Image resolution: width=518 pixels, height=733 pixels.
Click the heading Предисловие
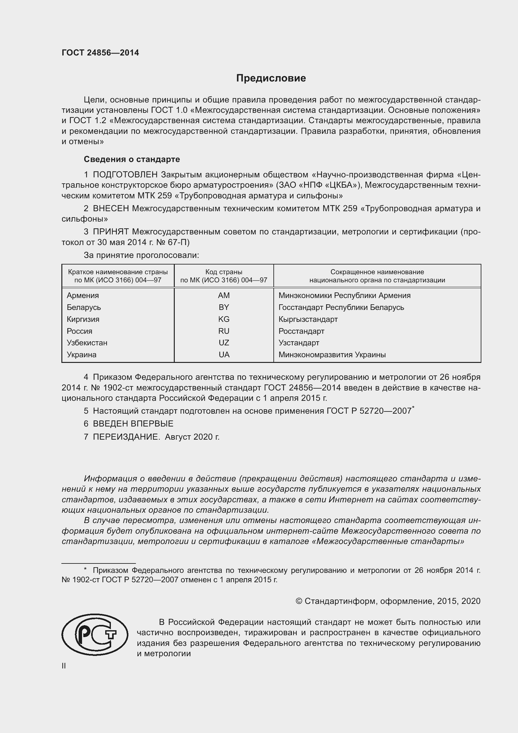tap(271, 78)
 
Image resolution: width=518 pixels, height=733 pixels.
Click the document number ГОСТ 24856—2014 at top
tap(100, 53)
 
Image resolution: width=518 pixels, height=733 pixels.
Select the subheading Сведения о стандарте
tap(132, 159)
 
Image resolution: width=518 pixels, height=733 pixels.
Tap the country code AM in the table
tap(224, 295)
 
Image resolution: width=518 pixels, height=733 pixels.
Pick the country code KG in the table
tap(224, 319)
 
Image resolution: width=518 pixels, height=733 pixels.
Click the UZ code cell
tap(224, 343)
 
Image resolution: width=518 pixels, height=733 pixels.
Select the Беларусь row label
tap(84, 307)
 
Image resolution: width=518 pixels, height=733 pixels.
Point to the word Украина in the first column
tap(81, 354)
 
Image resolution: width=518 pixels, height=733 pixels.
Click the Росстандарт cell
tap(301, 331)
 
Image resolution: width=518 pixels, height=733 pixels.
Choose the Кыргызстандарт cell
tap(308, 319)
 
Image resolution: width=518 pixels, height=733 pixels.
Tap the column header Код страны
tap(224, 272)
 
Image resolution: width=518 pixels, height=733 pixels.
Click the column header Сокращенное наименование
tap(377, 272)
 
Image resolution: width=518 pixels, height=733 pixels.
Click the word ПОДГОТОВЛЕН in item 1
tap(125, 175)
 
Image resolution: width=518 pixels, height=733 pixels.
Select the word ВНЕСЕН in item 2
tap(111, 208)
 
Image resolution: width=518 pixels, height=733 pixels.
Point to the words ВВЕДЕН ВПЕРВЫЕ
tap(133, 424)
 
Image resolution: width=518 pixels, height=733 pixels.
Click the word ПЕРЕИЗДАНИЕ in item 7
tap(126, 437)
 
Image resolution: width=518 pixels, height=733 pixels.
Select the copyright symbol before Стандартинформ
tap(299, 601)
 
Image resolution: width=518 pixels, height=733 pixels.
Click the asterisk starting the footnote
tap(85, 569)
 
